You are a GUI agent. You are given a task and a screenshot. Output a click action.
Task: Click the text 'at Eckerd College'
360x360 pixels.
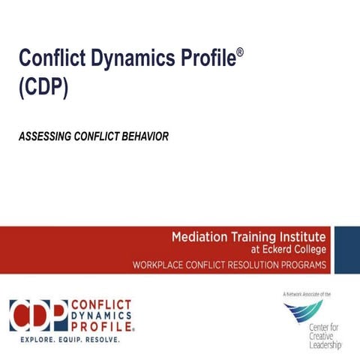[x=287, y=250]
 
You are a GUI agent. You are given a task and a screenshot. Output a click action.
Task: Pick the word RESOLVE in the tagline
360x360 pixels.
[x=102, y=340]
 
